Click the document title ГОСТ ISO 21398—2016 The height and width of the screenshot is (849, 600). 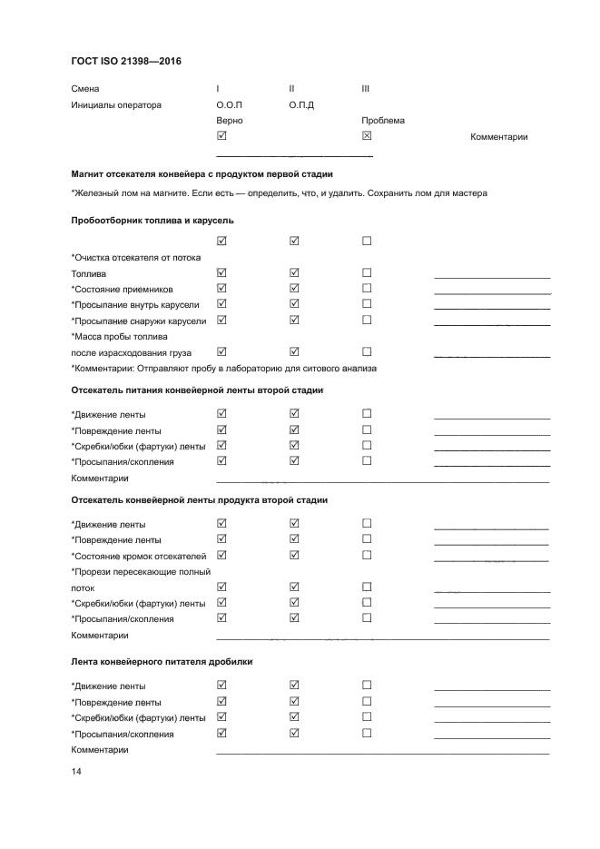click(127, 62)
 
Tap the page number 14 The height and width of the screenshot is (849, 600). click(76, 772)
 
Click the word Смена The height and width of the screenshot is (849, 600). click(85, 89)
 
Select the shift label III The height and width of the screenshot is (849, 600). click(365, 89)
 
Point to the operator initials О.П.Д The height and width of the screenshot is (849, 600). click(301, 105)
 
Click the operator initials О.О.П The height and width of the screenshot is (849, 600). click(230, 105)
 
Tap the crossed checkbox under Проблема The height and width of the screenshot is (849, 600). click(367, 136)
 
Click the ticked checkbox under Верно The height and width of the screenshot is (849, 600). click(221, 136)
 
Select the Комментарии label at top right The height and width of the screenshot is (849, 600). click(499, 137)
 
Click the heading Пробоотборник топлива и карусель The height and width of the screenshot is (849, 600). click(152, 221)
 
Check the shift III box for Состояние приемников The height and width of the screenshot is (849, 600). click(367, 289)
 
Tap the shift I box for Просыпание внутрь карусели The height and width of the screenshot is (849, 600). click(221, 304)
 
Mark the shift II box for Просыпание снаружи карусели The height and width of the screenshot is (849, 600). click(294, 320)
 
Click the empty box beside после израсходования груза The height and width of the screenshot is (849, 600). click(367, 351)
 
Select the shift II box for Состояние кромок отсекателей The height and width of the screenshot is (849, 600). click(294, 555)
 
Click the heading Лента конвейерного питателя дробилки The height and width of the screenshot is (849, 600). click(162, 662)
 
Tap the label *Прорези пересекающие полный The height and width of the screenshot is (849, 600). click(141, 572)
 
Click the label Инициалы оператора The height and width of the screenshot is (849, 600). click(116, 105)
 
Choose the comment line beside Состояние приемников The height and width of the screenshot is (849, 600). click(492, 292)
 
